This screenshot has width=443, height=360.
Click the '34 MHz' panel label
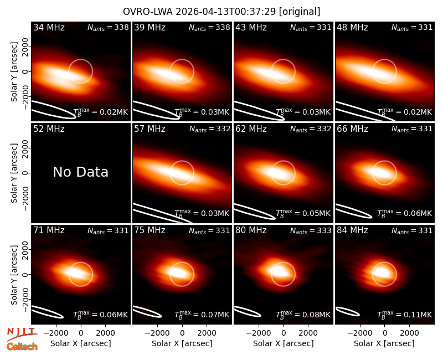[x=49, y=27]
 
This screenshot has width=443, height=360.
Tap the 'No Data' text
[x=80, y=172]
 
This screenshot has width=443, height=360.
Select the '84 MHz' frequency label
[x=352, y=230]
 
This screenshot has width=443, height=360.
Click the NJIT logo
[x=22, y=334]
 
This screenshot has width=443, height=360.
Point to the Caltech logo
[x=22, y=347]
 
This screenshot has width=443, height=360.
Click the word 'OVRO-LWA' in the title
[x=148, y=12]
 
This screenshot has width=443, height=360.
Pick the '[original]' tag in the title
[x=300, y=12]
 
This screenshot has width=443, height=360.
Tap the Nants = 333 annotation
[x=311, y=231]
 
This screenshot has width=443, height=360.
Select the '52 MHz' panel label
[x=49, y=129]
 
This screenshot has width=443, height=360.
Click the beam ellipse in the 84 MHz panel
[x=347, y=311]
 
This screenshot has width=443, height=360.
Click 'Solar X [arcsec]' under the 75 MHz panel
[x=182, y=343]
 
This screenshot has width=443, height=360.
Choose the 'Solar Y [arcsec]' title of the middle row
[x=14, y=173]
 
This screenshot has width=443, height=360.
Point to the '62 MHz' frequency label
[x=251, y=129]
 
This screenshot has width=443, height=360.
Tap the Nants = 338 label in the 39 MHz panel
[x=209, y=28]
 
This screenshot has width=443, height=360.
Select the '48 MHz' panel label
[x=352, y=27]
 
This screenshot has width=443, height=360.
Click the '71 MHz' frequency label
[x=49, y=230]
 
